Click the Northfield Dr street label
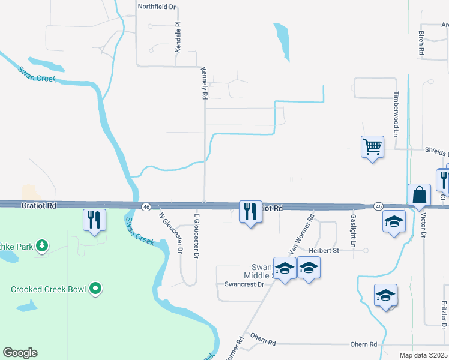pyautogui.click(x=157, y=7)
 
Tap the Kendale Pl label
pyautogui.click(x=178, y=37)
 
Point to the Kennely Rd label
pyautogui.click(x=205, y=83)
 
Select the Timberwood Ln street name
pyautogui.click(x=396, y=113)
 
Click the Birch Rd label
pyautogui.click(x=421, y=43)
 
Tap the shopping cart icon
pyautogui.click(x=372, y=146)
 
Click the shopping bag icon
pyautogui.click(x=418, y=196)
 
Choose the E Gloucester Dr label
pyautogui.click(x=196, y=234)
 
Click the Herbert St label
pyautogui.click(x=324, y=250)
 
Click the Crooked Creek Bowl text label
pyautogui.click(x=49, y=289)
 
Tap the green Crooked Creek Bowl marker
pyautogui.click(x=95, y=289)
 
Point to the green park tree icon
pyautogui.click(x=41, y=245)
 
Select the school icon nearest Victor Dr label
pyautogui.click(x=393, y=223)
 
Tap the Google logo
pyautogui.click(x=20, y=353)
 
